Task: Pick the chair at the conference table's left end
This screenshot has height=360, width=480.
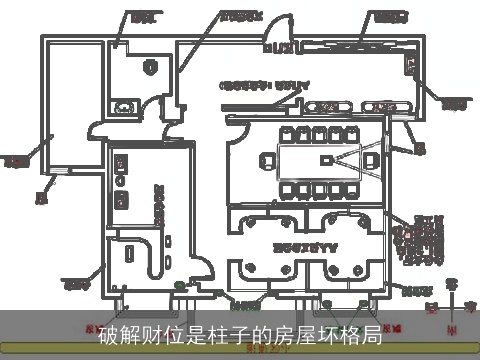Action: click(x=265, y=160)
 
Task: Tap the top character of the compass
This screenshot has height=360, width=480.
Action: click(x=452, y=283)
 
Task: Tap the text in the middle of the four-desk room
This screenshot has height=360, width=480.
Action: click(x=304, y=244)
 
